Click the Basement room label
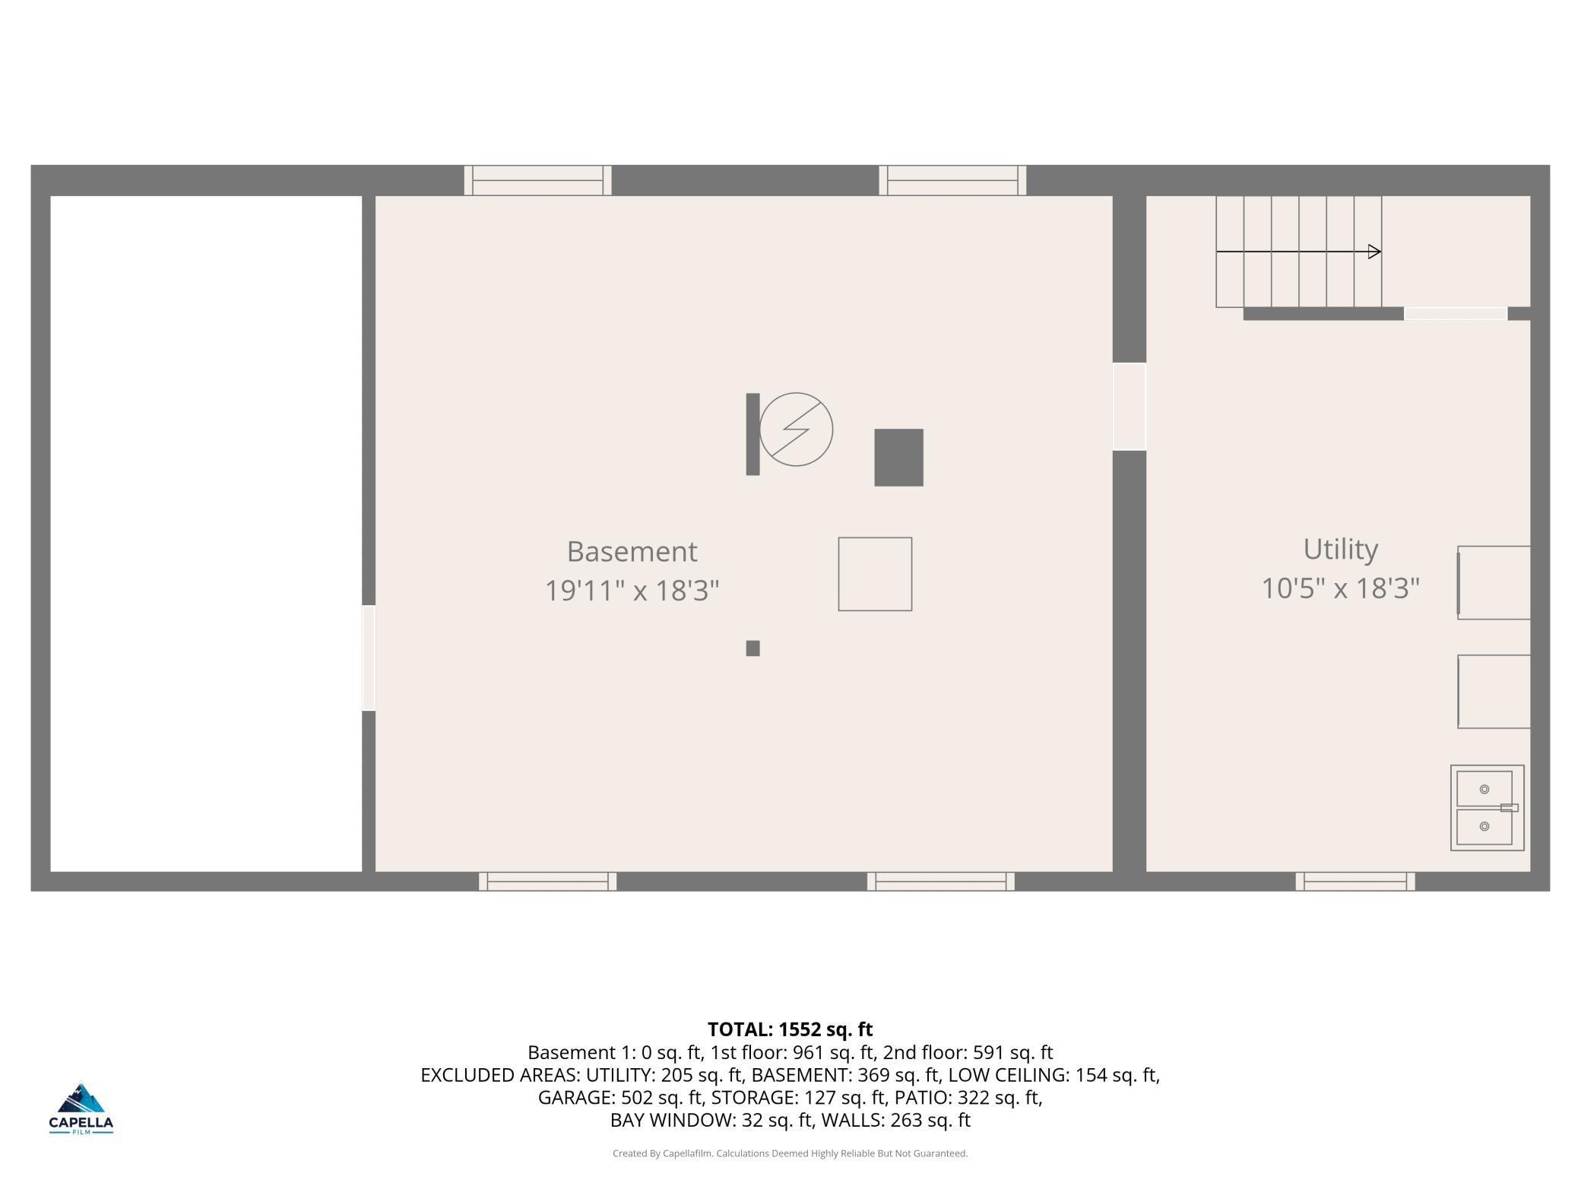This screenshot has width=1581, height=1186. coord(632,552)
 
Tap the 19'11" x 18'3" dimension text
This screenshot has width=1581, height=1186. coord(632,590)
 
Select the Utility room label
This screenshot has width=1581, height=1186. coord(1340,549)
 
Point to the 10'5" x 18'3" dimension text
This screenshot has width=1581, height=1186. coord(1340,588)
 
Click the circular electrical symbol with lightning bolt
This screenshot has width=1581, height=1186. coord(796,430)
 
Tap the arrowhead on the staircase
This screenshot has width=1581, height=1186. coord(1374,252)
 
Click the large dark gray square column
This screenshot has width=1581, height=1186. coord(898,458)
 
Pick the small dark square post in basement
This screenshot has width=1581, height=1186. coord(752,648)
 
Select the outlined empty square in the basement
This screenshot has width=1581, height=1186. coord(875,574)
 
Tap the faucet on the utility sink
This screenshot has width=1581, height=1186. coord(1509,807)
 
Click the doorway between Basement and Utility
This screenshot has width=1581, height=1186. coord(1129,407)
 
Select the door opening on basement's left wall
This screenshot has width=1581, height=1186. coord(369,658)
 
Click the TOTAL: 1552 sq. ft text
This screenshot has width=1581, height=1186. coord(790,1029)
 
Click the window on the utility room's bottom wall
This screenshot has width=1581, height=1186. coord(1354,881)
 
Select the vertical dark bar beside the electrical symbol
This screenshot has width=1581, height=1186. coord(752,434)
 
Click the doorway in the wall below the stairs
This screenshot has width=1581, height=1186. coord(1455,314)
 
